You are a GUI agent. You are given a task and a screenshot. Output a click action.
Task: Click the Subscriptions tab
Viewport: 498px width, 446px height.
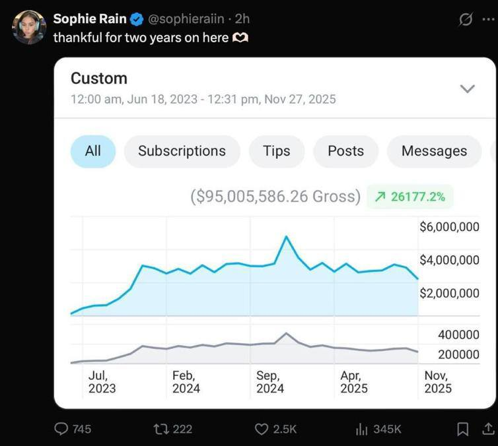(x=182, y=151)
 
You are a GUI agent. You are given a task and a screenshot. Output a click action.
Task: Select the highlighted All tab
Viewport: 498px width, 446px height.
(x=93, y=151)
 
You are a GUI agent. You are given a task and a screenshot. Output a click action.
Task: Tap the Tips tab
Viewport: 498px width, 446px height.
(x=276, y=151)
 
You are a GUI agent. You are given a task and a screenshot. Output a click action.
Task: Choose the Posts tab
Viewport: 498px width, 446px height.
(x=345, y=151)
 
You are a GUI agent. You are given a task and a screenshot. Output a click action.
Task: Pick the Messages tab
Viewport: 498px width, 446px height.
(x=434, y=151)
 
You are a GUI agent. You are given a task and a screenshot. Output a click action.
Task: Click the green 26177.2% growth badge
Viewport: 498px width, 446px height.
(x=410, y=197)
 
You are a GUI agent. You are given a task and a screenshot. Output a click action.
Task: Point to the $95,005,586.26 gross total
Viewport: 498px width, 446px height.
(x=275, y=197)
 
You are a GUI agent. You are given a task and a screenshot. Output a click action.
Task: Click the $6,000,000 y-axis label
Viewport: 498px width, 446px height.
(x=449, y=227)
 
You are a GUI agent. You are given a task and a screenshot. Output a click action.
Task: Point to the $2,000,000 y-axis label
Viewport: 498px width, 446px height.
(x=449, y=293)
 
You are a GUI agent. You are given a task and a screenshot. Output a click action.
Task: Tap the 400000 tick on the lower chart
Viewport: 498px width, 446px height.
(x=458, y=335)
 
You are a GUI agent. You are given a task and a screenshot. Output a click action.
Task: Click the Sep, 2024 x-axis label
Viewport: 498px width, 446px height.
(x=270, y=382)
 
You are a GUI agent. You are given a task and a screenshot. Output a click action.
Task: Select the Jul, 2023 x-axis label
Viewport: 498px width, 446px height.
(x=102, y=382)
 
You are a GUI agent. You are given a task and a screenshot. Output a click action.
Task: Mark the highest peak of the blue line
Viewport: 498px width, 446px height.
(x=286, y=236)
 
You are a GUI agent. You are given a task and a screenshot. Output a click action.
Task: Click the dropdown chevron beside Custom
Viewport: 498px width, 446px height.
(x=467, y=88)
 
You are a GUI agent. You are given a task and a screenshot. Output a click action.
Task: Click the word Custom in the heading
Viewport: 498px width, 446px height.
(x=99, y=79)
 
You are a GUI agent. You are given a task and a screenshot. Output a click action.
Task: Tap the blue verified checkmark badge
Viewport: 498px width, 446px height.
(x=136, y=19)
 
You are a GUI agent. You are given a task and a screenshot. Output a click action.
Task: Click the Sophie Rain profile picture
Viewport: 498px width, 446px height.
(x=28, y=28)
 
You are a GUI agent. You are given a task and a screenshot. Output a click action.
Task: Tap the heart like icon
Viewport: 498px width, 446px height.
(x=262, y=429)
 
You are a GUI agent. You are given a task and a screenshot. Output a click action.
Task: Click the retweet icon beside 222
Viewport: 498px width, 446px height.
(x=160, y=429)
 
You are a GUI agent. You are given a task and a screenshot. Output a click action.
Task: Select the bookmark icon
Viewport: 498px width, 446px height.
(x=463, y=429)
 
